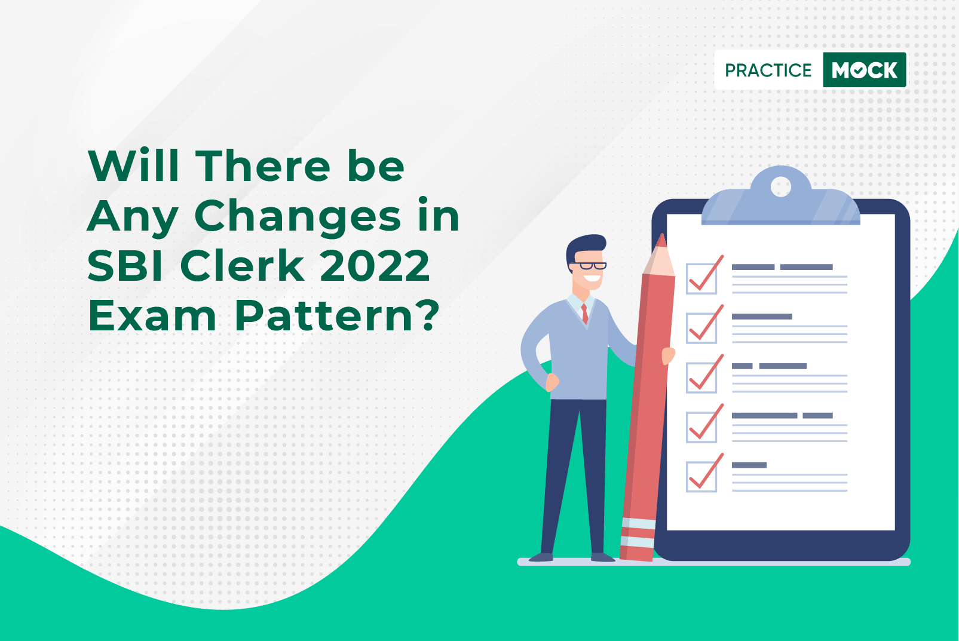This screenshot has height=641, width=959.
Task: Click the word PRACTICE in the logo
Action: pyautogui.click(x=768, y=70)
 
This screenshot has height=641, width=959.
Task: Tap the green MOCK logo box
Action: pyautogui.click(x=865, y=70)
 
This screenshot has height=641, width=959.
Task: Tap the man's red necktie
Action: pyautogui.click(x=584, y=314)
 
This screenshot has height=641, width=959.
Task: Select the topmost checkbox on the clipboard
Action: pyautogui.click(x=701, y=278)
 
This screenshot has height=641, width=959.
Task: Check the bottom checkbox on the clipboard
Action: pyautogui.click(x=701, y=476)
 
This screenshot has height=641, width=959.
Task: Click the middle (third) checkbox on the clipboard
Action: pyautogui.click(x=701, y=378)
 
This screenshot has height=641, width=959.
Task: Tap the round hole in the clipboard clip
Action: pyautogui.click(x=780, y=187)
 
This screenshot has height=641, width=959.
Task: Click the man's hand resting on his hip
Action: pyautogui.click(x=552, y=382)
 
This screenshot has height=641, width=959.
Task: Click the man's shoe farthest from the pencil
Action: pyautogui.click(x=541, y=557)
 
